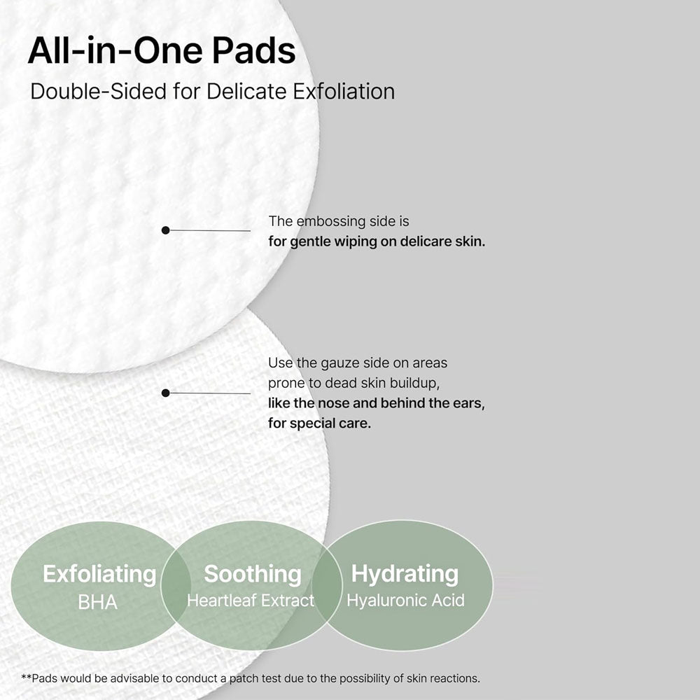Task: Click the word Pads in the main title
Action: (x=253, y=50)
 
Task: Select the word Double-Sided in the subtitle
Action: (x=99, y=92)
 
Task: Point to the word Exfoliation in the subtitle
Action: (x=344, y=92)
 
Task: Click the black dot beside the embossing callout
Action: (x=166, y=230)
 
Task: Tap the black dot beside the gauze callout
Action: (x=166, y=393)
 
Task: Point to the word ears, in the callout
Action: (x=469, y=403)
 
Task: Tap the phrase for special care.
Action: (x=319, y=423)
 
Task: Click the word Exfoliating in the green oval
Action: (x=99, y=574)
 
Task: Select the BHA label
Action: (x=98, y=602)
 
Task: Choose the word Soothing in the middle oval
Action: (x=253, y=574)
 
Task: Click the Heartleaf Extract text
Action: (x=251, y=601)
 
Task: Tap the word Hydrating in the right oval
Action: (x=405, y=574)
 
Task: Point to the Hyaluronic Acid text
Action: (x=406, y=601)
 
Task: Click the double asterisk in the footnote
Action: (x=27, y=678)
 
